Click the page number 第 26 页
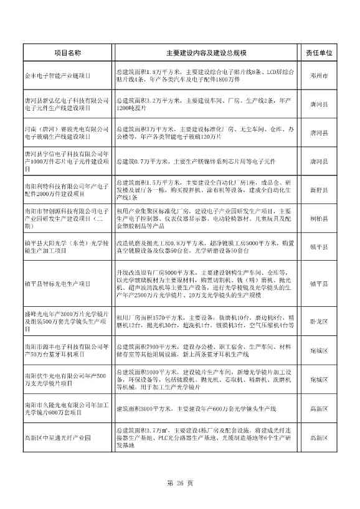(179, 483)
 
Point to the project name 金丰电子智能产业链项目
(59, 75)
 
